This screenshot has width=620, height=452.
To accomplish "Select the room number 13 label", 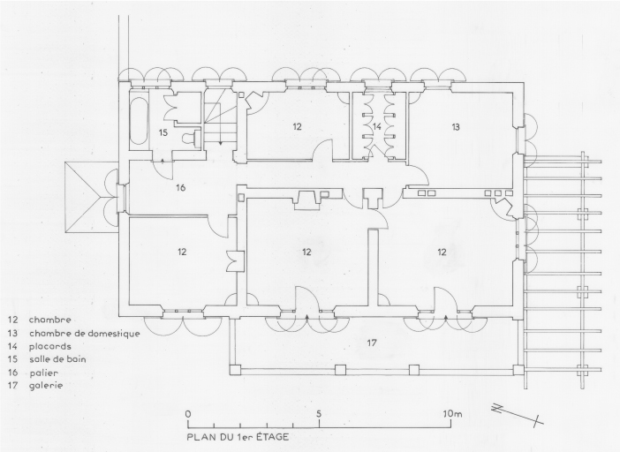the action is [x=456, y=127].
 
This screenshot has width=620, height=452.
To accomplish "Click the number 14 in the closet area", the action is [x=377, y=126].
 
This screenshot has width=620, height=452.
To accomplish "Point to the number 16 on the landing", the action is [x=180, y=188].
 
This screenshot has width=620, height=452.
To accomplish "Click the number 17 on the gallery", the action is [x=371, y=343].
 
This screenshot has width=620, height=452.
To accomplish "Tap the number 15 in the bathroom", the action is [x=163, y=132].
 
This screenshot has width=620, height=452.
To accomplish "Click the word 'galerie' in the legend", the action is [x=46, y=385].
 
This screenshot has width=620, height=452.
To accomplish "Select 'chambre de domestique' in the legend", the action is [x=84, y=334].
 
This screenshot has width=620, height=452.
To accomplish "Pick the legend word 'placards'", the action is [x=49, y=347].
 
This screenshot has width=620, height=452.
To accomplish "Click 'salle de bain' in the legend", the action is [x=57, y=359].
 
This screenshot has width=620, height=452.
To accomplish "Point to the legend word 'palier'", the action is [x=43, y=373].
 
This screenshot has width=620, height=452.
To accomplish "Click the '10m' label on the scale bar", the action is [x=452, y=414].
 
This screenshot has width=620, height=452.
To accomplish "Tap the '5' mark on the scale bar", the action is [x=319, y=414].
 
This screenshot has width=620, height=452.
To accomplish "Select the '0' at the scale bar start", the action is [x=188, y=414].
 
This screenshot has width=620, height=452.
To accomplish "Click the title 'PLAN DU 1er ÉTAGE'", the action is [x=238, y=437].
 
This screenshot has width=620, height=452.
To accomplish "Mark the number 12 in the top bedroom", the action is [x=298, y=126].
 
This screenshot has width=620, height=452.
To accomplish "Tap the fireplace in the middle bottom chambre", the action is [x=306, y=200].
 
